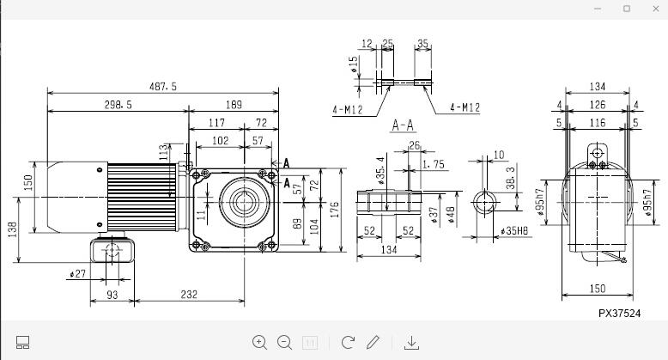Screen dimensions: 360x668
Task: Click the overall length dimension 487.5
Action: tap(162, 86)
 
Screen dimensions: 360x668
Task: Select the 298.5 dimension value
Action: tap(118, 105)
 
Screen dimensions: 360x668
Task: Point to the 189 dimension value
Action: tap(233, 105)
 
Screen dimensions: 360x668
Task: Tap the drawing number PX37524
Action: tap(619, 314)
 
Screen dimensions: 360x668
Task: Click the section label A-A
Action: tap(403, 125)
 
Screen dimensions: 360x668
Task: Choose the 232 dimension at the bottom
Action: tap(190, 295)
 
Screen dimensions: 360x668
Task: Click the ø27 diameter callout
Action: tap(79, 274)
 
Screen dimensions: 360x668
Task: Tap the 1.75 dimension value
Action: tap(434, 164)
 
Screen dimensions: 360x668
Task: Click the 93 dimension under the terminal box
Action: tap(112, 295)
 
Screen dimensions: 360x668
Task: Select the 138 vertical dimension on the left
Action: tap(13, 231)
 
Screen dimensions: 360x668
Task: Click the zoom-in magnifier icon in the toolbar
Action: tap(259, 342)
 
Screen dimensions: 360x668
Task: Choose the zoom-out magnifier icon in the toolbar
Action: tap(285, 342)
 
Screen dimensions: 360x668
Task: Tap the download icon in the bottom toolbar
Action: tap(411, 342)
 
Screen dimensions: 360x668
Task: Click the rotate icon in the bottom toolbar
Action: tap(348, 342)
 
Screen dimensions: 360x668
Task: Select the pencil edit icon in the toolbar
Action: tap(373, 342)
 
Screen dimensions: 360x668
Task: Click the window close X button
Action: tap(652, 9)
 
